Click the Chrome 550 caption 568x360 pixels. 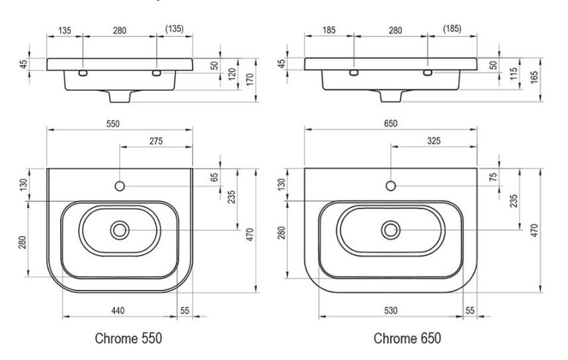coord(128,339)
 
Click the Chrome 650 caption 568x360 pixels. coord(407,339)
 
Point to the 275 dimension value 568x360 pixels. coord(156,141)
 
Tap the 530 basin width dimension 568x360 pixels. coord(390,310)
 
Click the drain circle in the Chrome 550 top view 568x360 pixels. coord(120,230)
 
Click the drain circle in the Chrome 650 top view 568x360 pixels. coord(391,230)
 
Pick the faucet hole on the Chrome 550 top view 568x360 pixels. coord(120,186)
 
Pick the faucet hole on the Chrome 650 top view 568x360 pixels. coord(391,186)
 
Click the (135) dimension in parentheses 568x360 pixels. coord(174,29)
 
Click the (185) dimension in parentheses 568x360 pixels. coord(451,29)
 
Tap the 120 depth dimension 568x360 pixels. coord(233,73)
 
